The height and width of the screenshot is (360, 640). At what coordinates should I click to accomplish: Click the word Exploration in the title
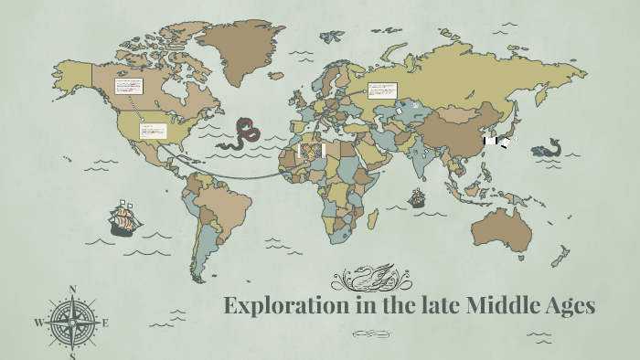[280, 305]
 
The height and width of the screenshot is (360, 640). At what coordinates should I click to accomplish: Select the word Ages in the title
[568, 307]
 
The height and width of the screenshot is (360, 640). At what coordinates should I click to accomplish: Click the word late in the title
[411, 305]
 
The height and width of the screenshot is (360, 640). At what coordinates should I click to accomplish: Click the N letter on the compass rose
[72, 291]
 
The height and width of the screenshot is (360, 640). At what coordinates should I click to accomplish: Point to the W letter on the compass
[38, 323]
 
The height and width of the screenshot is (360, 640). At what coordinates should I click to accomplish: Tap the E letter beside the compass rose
[105, 323]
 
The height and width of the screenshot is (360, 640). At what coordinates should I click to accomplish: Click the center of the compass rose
[72, 323]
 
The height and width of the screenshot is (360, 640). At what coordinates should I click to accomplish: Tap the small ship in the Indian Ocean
[417, 197]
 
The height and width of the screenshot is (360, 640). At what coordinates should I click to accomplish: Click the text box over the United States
[152, 131]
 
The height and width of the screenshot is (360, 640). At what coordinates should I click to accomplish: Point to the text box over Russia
[380, 90]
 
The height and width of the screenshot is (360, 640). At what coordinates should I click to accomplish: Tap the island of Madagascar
[374, 217]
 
